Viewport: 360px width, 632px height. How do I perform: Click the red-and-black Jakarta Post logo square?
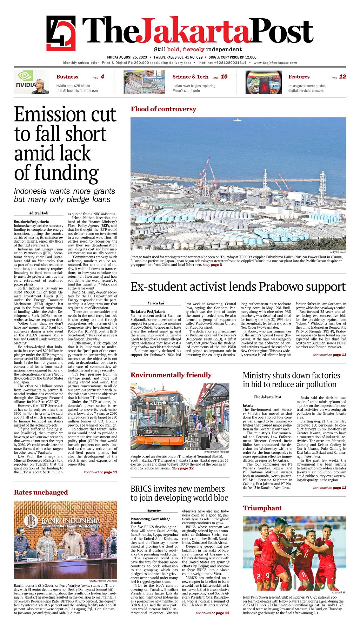[x=61, y=33]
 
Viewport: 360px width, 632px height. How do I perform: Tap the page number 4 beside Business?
[x=102, y=77]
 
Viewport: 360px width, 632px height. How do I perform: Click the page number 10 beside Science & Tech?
[x=224, y=77]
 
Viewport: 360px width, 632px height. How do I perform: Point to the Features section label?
[x=299, y=77]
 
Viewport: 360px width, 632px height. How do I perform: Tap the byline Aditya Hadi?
[x=39, y=213]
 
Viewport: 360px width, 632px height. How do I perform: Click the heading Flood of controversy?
[x=163, y=109]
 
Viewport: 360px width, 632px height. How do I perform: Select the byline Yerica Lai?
[x=156, y=303]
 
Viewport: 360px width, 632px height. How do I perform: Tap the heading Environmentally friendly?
[x=171, y=375]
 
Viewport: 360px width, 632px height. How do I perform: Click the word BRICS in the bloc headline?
[x=141, y=489]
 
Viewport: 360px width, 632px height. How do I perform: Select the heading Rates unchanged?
[x=41, y=492]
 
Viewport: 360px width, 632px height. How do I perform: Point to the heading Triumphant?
[x=262, y=508]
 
